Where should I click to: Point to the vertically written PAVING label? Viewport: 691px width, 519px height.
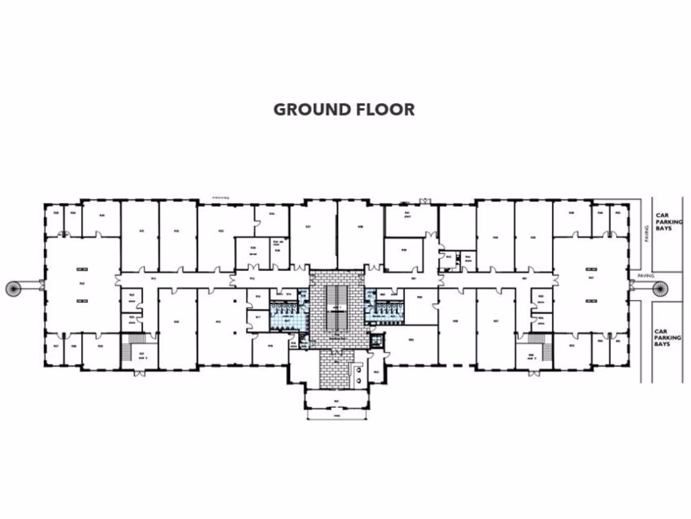(645, 234)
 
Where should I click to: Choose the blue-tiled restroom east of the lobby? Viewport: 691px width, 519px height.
(385, 310)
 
